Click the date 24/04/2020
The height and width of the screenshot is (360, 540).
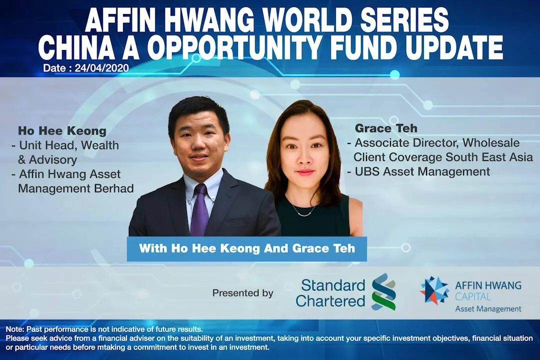(101, 68)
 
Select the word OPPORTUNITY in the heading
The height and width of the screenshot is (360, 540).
(239, 48)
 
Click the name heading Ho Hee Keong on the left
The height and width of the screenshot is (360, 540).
(62, 131)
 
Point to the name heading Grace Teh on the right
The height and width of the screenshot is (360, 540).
(385, 128)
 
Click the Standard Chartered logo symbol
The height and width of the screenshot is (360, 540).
(383, 292)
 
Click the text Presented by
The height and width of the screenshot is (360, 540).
(243, 293)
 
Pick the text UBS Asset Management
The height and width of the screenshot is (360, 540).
(422, 171)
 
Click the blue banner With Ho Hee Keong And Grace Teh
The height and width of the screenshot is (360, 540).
(247, 248)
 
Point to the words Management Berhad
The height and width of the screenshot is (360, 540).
(76, 189)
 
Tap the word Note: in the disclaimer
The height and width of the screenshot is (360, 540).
(15, 329)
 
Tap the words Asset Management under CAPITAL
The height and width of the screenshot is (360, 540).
(488, 309)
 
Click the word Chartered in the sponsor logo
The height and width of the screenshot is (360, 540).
(330, 300)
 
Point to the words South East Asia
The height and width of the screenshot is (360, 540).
(488, 157)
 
